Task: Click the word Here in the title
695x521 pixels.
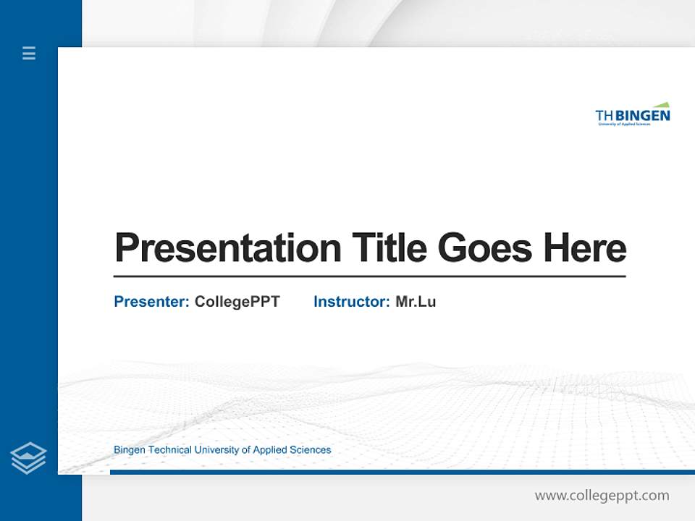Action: pyautogui.click(x=584, y=248)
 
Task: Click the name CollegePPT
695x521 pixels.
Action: pyautogui.click(x=237, y=302)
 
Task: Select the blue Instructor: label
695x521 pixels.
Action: pyautogui.click(x=352, y=302)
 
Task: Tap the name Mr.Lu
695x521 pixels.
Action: pyautogui.click(x=416, y=302)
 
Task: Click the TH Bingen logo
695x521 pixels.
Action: pyautogui.click(x=632, y=115)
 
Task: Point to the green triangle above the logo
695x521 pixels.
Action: pyautogui.click(x=662, y=105)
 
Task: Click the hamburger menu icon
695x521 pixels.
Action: pyautogui.click(x=29, y=53)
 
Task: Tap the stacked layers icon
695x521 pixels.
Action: pyautogui.click(x=28, y=458)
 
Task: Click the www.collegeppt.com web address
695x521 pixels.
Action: pyautogui.click(x=602, y=496)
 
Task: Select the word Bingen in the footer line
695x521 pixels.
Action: pyautogui.click(x=129, y=450)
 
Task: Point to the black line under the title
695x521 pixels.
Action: pyautogui.click(x=369, y=276)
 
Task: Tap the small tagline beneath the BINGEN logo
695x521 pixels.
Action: pyautogui.click(x=624, y=124)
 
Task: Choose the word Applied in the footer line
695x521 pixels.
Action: pyautogui.click(x=270, y=450)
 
